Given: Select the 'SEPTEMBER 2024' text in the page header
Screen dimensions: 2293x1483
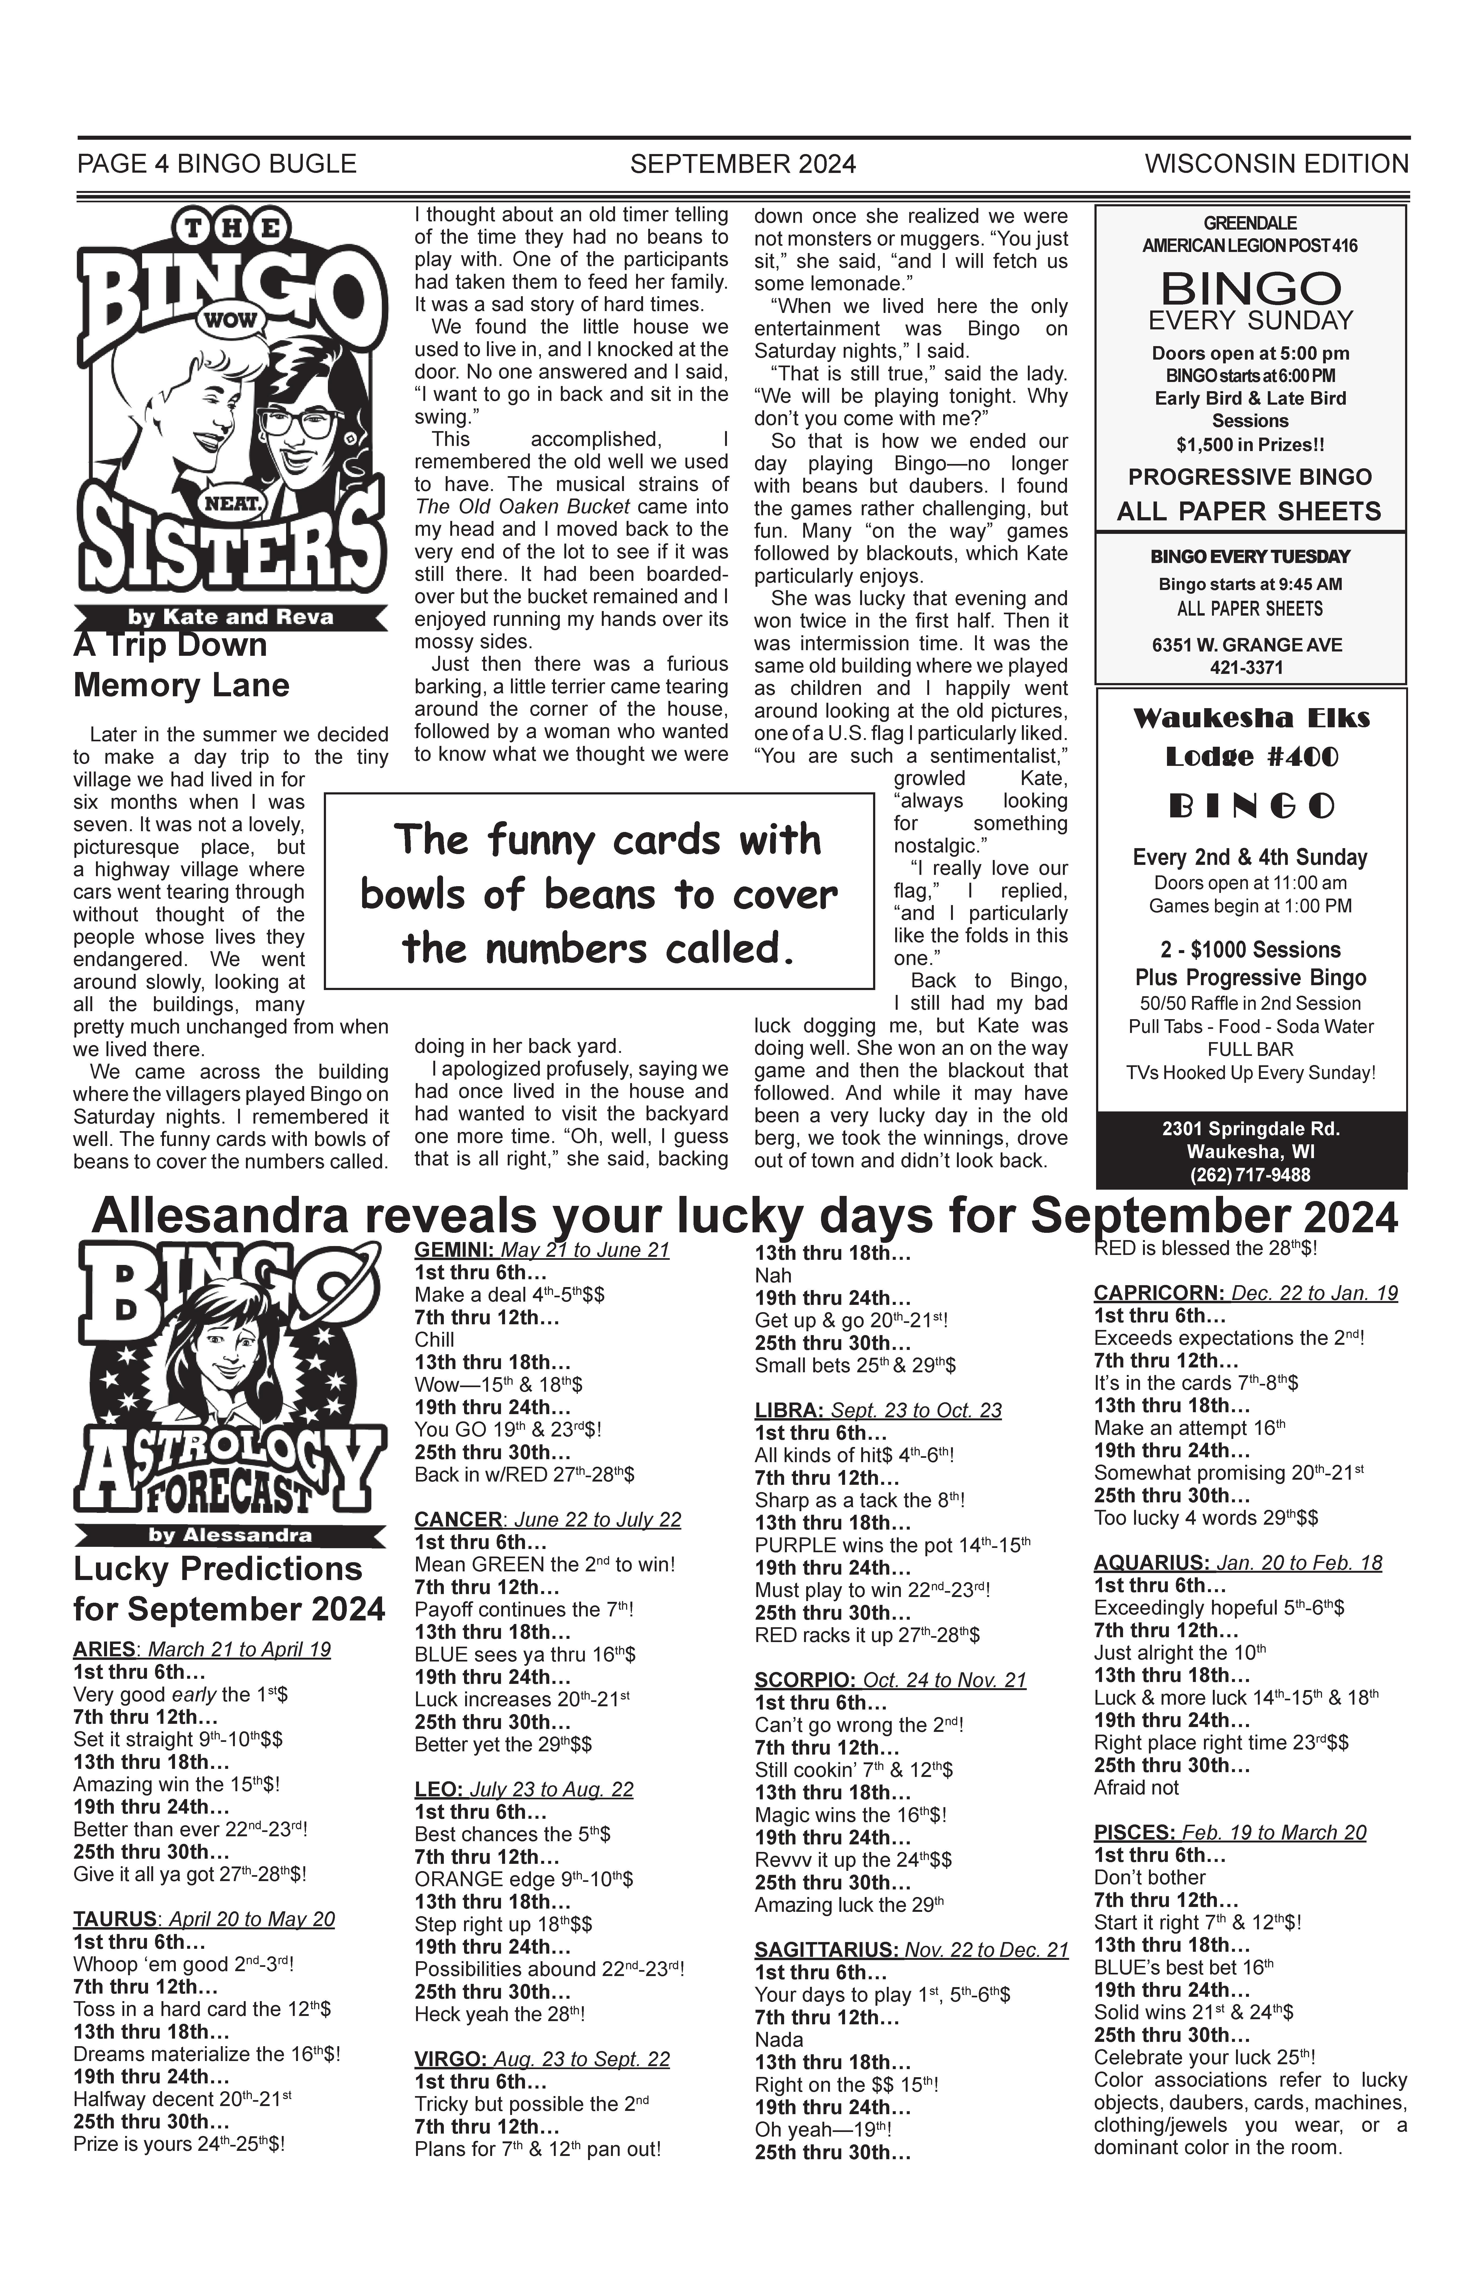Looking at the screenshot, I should point(743,165).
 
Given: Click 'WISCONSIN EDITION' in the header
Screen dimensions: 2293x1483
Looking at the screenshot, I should point(1276,165).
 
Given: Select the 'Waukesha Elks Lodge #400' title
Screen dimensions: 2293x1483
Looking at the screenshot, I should point(1251,737).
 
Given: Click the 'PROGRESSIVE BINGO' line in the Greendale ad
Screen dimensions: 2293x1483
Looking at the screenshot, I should point(1250,477).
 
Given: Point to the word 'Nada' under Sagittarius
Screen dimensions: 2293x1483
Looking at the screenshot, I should point(779,2040).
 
